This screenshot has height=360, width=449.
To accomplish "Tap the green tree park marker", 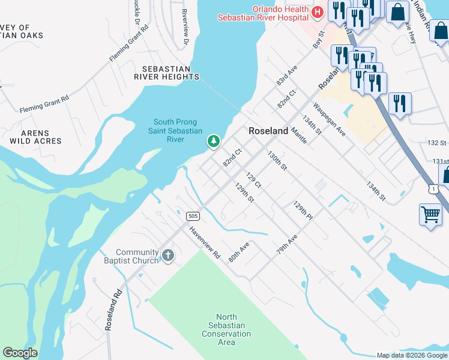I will coord(212,142).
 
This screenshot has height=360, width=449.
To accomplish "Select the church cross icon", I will coord(167,256).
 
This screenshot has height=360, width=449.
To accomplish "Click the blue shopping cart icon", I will coord(430,213).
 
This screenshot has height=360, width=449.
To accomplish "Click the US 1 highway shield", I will coord(433,190).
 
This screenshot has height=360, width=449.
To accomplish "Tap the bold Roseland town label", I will coord(268,131).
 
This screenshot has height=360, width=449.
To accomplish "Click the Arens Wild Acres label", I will coord(35,137).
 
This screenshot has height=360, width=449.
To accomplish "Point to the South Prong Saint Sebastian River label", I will coord(175,130).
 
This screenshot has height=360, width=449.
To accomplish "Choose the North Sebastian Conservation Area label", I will coord(226,329).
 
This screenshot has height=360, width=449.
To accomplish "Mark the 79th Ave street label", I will coord(288,247).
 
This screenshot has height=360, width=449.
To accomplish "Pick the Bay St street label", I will coord(318,41).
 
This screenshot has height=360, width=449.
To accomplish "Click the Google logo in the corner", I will coord(20,353).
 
